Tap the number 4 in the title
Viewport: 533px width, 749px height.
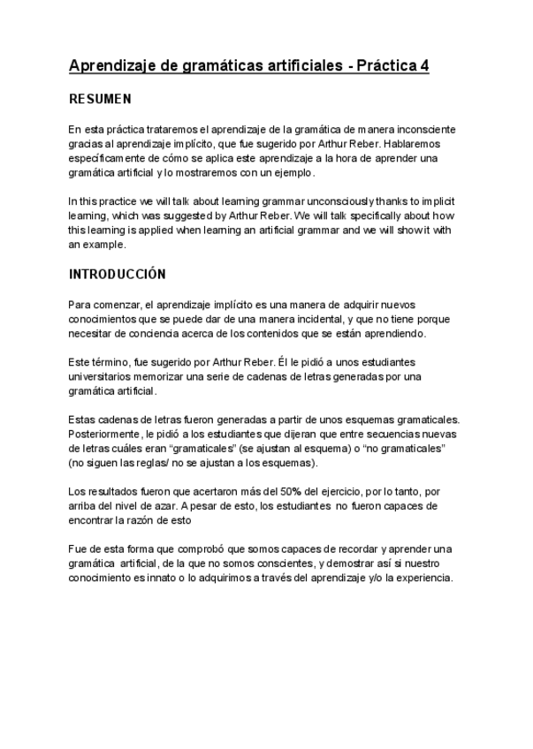[x=424, y=66]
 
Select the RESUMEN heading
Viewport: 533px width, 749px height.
[x=100, y=100]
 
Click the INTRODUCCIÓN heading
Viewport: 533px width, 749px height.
[x=117, y=275]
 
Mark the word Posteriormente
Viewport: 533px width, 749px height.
[x=105, y=434]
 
